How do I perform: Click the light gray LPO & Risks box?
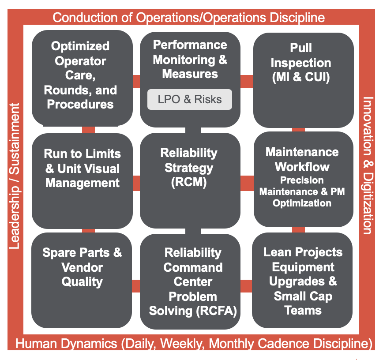190,99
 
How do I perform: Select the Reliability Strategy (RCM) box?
190,181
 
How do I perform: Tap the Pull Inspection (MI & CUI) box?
304,80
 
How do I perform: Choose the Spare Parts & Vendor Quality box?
82,281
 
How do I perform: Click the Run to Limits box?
83,181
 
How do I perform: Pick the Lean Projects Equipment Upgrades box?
302,281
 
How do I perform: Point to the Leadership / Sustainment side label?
15,176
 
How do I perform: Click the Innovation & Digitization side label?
368,165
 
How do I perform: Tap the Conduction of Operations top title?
189,18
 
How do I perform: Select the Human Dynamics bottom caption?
194,343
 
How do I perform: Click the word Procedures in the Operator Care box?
80,104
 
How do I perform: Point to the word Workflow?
302,167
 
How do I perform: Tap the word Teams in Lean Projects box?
303,311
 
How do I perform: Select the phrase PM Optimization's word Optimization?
302,203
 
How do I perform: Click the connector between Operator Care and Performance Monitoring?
136,81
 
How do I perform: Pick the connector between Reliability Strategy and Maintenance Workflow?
247,183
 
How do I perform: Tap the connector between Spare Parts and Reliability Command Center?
136,286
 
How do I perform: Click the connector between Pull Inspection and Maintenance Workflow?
298,130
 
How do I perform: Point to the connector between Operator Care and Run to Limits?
88,130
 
